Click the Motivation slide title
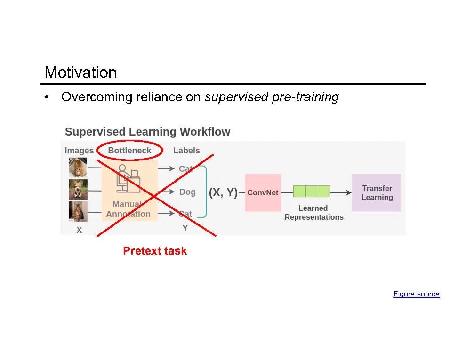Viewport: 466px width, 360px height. point(80,72)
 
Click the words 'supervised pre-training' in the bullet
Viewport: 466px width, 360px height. point(272,97)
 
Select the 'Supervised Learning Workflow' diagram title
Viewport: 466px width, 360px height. point(147,132)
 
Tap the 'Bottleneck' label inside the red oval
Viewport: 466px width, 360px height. point(129,151)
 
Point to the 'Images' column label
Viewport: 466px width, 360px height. point(79,151)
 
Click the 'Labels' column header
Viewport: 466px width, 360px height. point(186,151)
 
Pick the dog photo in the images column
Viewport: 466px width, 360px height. point(78,189)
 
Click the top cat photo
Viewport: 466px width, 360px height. point(78,168)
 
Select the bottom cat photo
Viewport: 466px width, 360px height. point(78,211)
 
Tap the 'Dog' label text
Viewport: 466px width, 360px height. point(187,192)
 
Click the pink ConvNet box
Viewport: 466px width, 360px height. point(263,192)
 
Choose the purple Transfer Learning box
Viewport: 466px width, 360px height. point(377,192)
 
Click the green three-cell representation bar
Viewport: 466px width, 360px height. point(312,191)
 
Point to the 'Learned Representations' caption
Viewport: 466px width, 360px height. point(313,213)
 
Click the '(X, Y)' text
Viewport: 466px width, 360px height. point(223,192)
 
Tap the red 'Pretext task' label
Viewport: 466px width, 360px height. point(155,251)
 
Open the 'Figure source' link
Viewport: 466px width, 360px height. point(416,294)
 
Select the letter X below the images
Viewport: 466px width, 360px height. point(79,231)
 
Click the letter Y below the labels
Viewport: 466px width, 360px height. point(185,228)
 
